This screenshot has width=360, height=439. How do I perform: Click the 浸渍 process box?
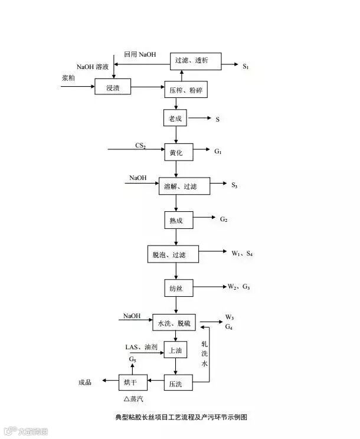113,88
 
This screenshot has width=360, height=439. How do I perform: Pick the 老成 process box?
175,119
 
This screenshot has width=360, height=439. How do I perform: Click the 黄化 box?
176,152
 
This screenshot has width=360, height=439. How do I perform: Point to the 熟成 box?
176,221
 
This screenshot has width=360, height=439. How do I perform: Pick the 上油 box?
175,350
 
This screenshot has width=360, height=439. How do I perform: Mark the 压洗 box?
175,383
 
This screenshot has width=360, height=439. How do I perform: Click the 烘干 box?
130,383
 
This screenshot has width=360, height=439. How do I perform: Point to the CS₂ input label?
140,145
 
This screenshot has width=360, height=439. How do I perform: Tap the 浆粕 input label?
68,78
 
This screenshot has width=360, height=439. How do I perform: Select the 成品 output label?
85,383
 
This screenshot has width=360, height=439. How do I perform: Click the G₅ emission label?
133,359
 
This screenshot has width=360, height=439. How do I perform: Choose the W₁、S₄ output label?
242,253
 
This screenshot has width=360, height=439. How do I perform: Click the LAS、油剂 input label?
141,347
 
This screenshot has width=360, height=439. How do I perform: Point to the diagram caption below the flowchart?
181,417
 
